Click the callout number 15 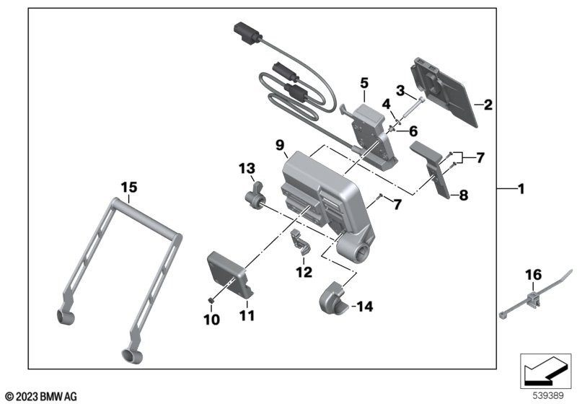[128, 187]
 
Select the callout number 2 [488, 105]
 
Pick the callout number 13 [247, 169]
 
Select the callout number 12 [303, 272]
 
